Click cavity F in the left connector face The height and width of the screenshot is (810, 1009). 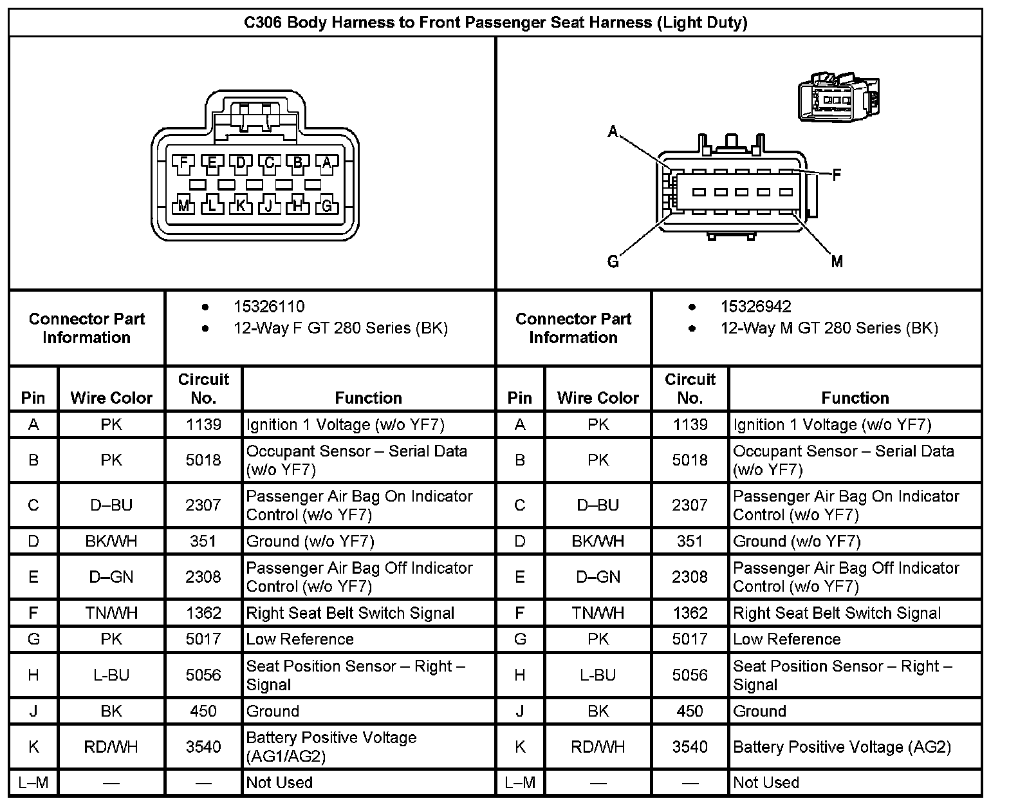[x=183, y=163]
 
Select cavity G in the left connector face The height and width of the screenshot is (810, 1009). [x=327, y=206]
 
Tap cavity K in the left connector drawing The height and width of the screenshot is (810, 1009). [x=241, y=206]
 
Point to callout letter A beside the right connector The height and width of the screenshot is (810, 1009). [x=613, y=133]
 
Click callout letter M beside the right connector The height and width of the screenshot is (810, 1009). [x=837, y=261]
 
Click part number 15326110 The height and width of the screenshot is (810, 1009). [x=269, y=306]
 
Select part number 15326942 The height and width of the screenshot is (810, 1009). [x=755, y=306]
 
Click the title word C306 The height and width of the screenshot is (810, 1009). [x=263, y=23]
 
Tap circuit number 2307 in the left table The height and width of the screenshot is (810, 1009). [x=203, y=505]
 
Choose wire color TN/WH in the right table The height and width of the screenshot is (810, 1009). [x=598, y=613]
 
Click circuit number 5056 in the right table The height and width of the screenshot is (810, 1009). [x=690, y=675]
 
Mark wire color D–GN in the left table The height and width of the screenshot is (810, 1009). [x=111, y=577]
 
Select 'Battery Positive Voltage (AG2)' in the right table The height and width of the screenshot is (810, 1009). [x=842, y=747]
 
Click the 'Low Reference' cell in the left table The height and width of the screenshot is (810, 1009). [x=300, y=639]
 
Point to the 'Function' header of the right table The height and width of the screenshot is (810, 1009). [x=855, y=398]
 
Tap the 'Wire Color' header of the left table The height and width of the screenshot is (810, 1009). [x=111, y=398]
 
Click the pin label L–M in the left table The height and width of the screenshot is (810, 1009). [x=33, y=783]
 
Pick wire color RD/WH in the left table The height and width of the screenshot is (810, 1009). [x=111, y=747]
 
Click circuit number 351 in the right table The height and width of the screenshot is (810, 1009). [x=690, y=542]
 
